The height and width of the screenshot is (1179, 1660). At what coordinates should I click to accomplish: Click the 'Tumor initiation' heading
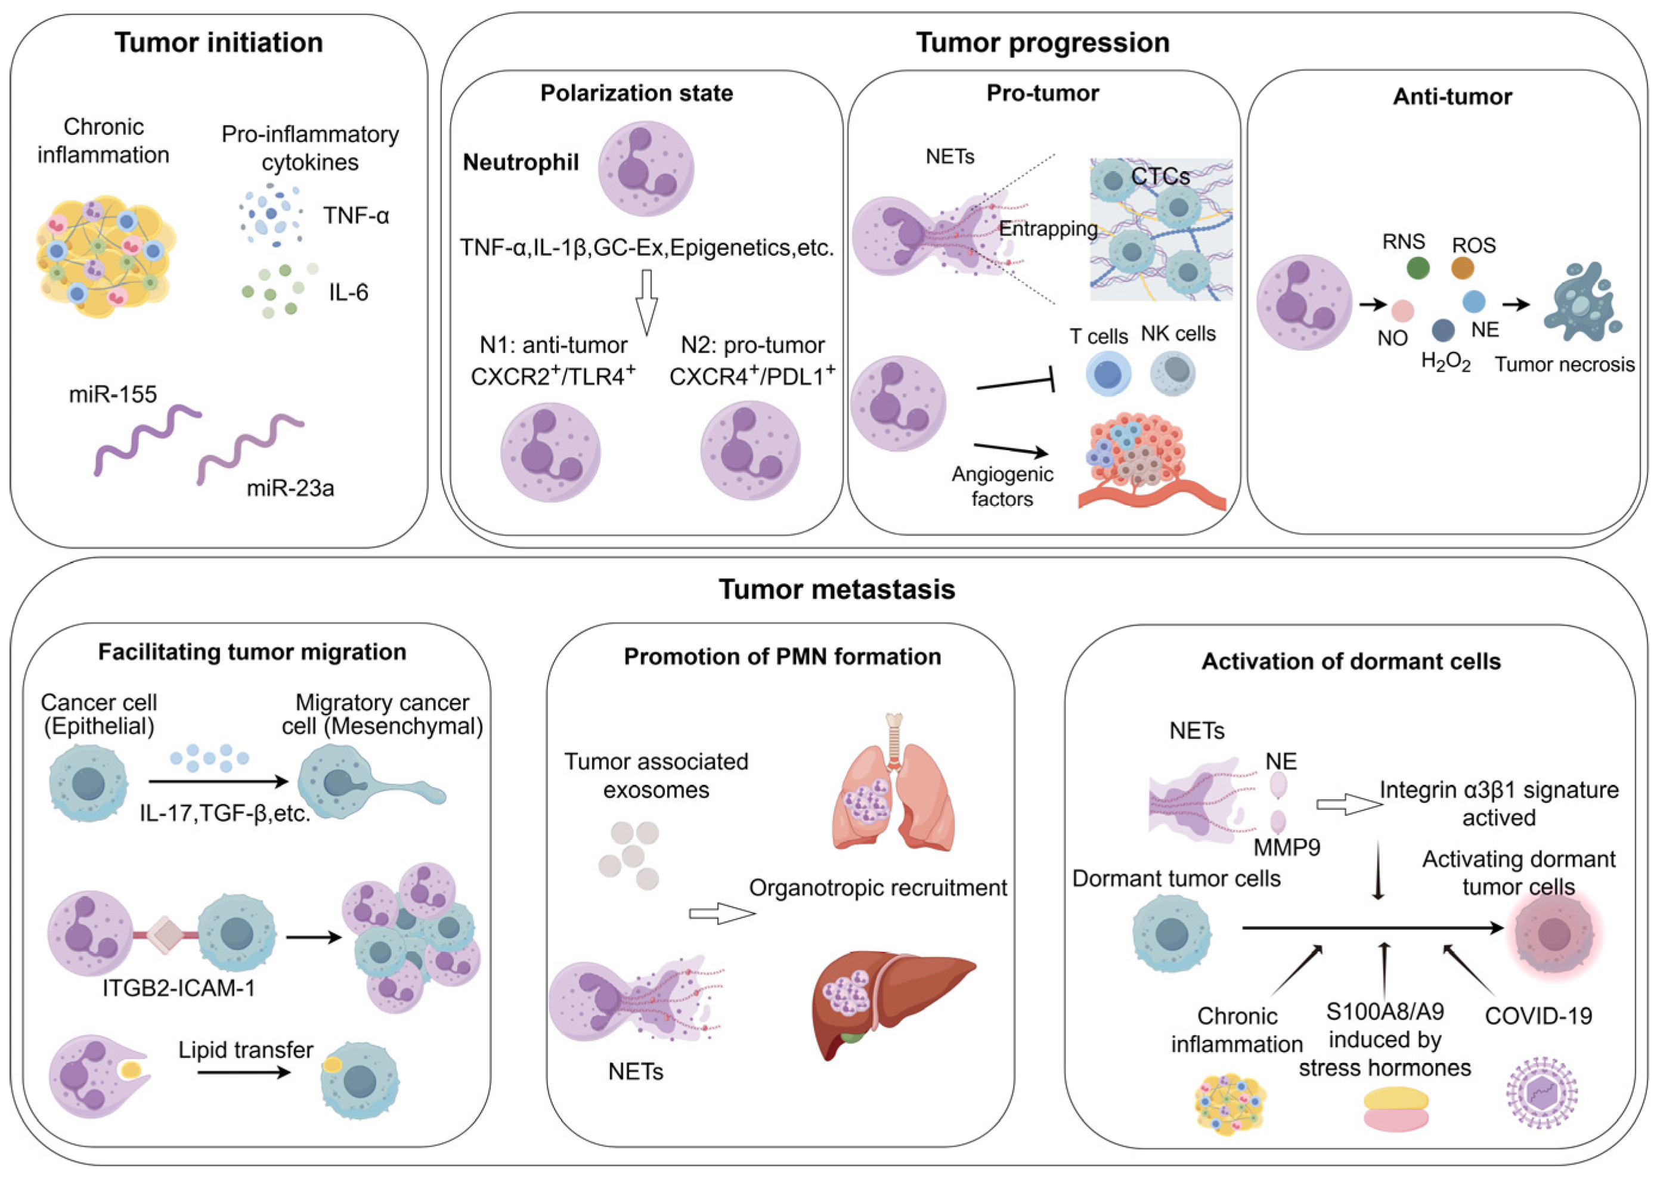[x=218, y=43]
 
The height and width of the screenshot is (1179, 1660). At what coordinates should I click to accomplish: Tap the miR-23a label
[x=290, y=488]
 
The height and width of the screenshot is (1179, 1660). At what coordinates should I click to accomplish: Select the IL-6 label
[x=348, y=293]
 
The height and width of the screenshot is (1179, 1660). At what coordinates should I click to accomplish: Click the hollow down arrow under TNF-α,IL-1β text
[x=646, y=301]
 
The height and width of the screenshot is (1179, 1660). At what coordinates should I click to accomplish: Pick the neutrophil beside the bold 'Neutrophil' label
[x=645, y=168]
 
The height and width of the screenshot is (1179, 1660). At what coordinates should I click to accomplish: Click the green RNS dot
[x=1417, y=268]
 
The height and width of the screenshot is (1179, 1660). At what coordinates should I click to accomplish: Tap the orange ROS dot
[x=1462, y=268]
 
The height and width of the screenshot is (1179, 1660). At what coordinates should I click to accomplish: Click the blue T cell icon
[x=1108, y=374]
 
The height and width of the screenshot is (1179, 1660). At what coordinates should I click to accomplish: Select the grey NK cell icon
[x=1173, y=373]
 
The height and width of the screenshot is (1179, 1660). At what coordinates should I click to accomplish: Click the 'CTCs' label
[x=1160, y=177]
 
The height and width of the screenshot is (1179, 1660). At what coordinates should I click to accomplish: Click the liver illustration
[x=892, y=1002]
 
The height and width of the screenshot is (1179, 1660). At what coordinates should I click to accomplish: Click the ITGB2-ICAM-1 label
[x=178, y=988]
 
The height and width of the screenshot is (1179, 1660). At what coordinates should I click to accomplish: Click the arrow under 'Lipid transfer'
[x=244, y=1072]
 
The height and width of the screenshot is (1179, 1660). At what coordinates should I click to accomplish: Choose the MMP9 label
[x=1286, y=846]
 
